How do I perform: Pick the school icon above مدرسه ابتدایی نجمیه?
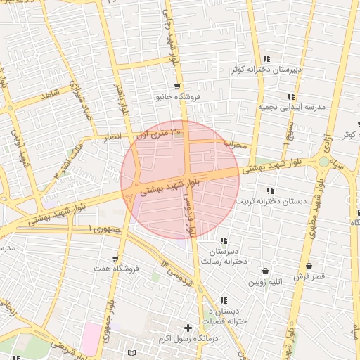[x=290, y=96]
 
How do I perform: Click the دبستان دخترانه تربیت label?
[x=271, y=201]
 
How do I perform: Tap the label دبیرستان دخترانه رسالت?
[x=226, y=256]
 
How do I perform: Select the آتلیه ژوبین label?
[x=265, y=282]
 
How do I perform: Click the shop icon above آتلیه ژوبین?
[x=265, y=271]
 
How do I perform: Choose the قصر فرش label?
[x=309, y=277]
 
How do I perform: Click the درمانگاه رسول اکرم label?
[x=187, y=339]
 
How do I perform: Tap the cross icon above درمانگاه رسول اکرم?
[x=187, y=328]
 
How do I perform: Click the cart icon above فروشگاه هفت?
[x=115, y=258]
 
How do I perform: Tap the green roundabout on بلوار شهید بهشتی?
[x=323, y=162]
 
